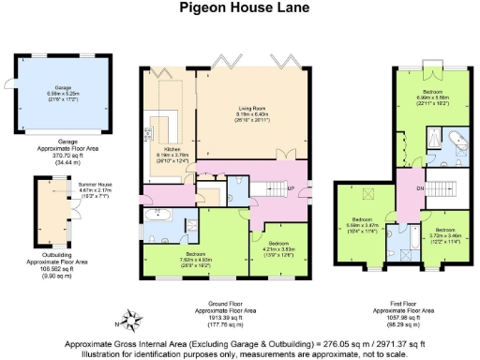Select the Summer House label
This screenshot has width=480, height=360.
point(76,192)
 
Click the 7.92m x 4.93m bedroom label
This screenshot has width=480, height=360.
point(196,258)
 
